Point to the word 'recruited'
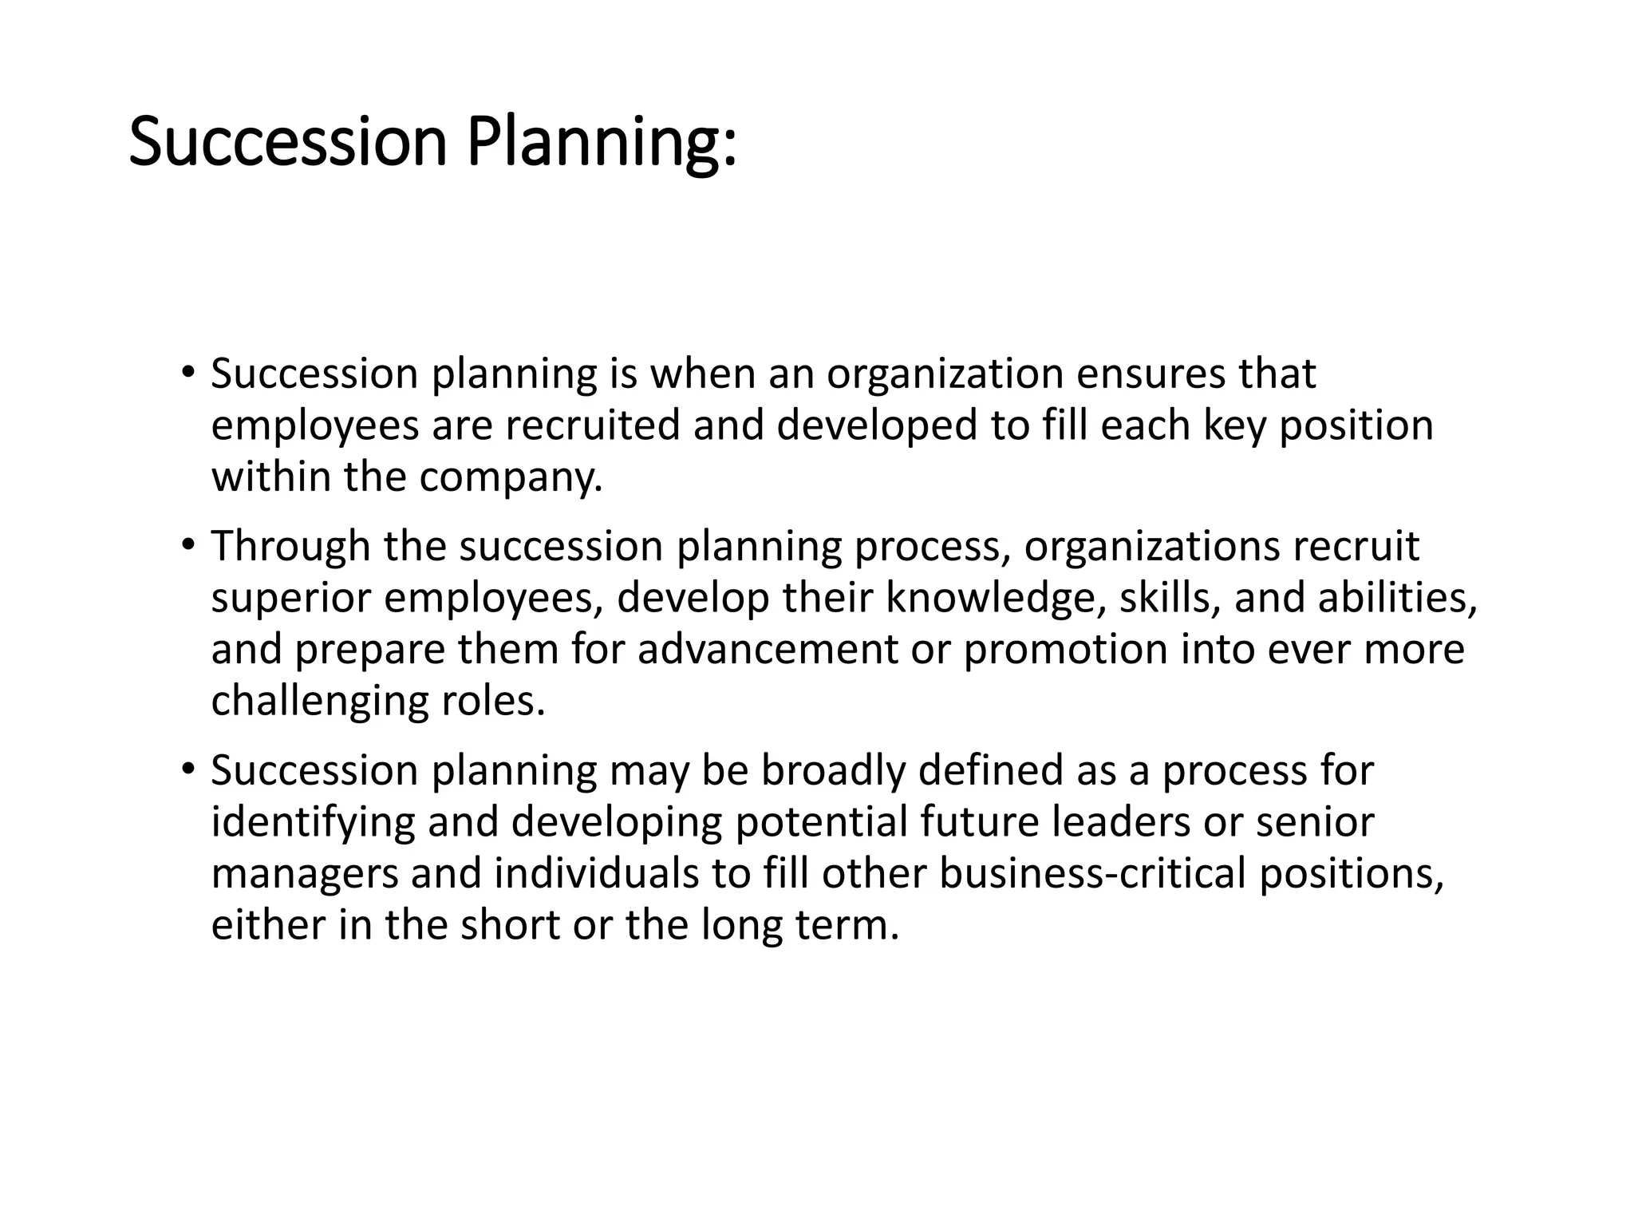[x=593, y=425]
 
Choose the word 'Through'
[x=290, y=547]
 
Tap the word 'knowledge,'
[x=997, y=599]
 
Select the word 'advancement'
[x=768, y=649]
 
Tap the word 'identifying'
[x=313, y=823]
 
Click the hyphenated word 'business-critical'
[x=1092, y=873]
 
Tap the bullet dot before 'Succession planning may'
[x=187, y=769]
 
